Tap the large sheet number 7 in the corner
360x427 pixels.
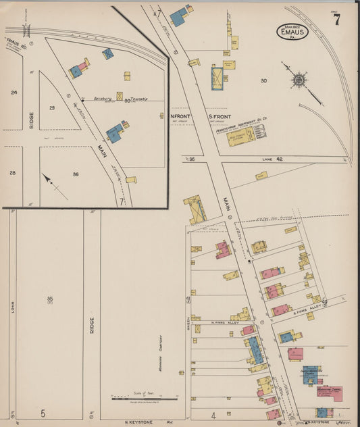pyautogui.click(x=336, y=20)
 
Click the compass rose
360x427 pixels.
pyautogui.click(x=298, y=80)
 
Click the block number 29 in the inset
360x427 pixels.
pyautogui.click(x=52, y=107)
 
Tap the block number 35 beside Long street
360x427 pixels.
pyautogui.click(x=49, y=299)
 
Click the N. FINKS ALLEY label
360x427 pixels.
pyautogui.click(x=225, y=323)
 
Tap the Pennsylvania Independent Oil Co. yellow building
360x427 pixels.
pyautogui.click(x=241, y=134)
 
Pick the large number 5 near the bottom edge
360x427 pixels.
pyautogui.click(x=43, y=413)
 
